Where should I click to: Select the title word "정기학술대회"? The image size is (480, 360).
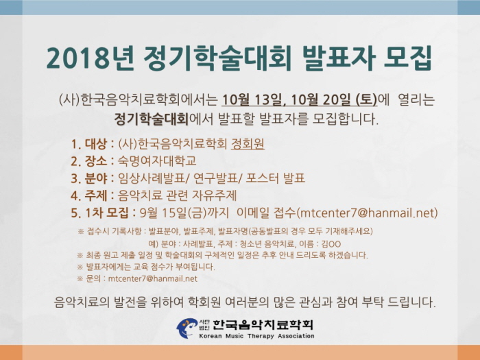217,58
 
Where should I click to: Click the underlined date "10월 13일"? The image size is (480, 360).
252,100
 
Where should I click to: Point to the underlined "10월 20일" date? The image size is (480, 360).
321,100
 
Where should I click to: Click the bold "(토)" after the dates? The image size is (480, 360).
366,100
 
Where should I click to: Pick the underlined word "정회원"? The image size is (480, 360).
248,144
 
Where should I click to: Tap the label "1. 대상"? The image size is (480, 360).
88,144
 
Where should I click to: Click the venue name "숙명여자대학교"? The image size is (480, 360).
157,161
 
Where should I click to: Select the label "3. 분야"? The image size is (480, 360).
88,178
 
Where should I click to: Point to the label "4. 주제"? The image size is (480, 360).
88,195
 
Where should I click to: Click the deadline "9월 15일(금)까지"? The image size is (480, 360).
184,213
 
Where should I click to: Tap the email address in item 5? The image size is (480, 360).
368,213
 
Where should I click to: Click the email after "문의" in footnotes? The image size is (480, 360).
153,278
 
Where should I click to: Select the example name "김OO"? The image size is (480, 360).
331,244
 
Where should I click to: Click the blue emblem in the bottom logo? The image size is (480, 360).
187,328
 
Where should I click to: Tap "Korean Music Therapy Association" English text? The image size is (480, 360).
256,336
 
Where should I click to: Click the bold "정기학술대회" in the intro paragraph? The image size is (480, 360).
152,119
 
